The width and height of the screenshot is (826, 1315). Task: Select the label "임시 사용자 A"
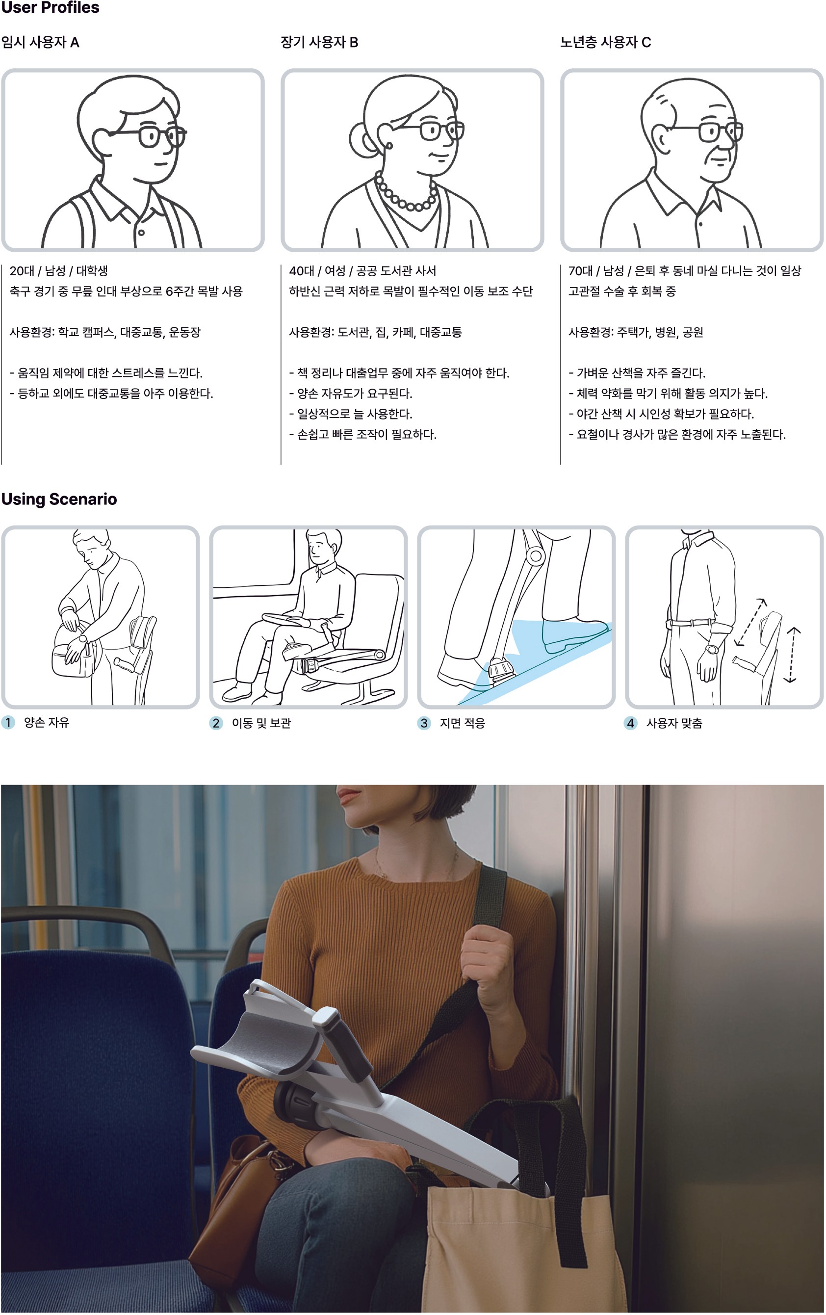pyautogui.click(x=40, y=42)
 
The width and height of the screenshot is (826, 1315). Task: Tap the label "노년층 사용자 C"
pyautogui.click(x=605, y=42)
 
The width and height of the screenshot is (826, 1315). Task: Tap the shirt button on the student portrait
pyautogui.click(x=141, y=233)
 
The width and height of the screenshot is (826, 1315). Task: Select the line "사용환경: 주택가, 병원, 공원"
pyautogui.click(x=636, y=332)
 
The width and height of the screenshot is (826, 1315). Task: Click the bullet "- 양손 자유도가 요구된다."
pyautogui.click(x=351, y=393)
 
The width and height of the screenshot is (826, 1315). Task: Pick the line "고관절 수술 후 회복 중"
pyautogui.click(x=622, y=291)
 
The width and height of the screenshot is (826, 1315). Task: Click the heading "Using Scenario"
pyautogui.click(x=59, y=499)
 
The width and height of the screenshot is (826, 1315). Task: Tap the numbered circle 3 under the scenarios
pyautogui.click(x=424, y=723)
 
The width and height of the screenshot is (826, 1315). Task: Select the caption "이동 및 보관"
pyautogui.click(x=261, y=723)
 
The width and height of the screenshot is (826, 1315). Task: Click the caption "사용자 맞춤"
pyautogui.click(x=674, y=723)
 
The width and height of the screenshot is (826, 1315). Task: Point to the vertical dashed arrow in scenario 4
pyautogui.click(x=792, y=655)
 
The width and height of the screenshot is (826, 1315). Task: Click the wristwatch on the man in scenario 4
pyautogui.click(x=712, y=650)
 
